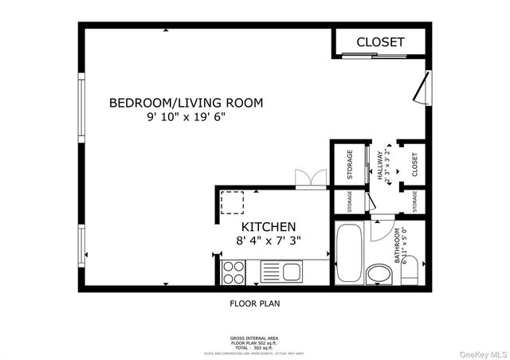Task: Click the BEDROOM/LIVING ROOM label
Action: point(186,103)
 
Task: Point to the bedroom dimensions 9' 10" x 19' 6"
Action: point(186,117)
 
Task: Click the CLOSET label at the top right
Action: point(380,42)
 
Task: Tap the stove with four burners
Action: point(233,272)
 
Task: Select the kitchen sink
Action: point(292,272)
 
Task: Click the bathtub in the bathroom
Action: point(348,253)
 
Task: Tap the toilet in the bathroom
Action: point(410,274)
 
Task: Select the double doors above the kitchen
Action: point(310,178)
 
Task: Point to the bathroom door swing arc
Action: point(381,227)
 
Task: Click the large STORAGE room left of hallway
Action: point(348,164)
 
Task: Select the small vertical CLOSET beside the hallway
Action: point(414,165)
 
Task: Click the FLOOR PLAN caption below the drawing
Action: point(255,303)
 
